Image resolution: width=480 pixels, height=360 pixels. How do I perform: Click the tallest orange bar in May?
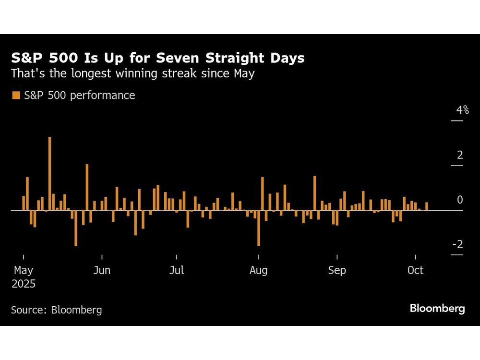pyautogui.click(x=49, y=173)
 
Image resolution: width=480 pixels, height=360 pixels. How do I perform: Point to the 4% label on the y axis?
pyautogui.click(x=462, y=110)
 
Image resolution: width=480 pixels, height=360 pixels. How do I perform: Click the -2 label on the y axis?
pyautogui.click(x=457, y=245)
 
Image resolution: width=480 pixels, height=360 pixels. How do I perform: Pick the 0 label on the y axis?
pyautogui.click(x=460, y=200)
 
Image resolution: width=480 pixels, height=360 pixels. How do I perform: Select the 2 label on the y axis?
pyautogui.click(x=460, y=155)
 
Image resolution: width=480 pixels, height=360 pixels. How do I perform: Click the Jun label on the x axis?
pyautogui.click(x=102, y=270)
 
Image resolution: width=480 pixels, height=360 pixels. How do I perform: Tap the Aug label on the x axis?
pyautogui.click(x=258, y=270)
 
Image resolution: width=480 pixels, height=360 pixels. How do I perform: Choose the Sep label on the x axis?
pyautogui.click(x=337, y=270)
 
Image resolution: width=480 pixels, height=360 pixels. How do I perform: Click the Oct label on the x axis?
pyautogui.click(x=415, y=270)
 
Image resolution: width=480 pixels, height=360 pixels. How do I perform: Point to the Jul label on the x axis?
pyautogui.click(x=177, y=270)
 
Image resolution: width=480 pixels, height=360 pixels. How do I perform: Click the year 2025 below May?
pyautogui.click(x=24, y=284)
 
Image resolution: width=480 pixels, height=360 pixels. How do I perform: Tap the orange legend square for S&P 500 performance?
pyautogui.click(x=16, y=95)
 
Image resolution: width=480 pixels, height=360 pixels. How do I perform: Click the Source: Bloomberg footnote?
pyautogui.click(x=57, y=310)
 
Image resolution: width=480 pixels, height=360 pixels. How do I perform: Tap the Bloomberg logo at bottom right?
pyautogui.click(x=437, y=308)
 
